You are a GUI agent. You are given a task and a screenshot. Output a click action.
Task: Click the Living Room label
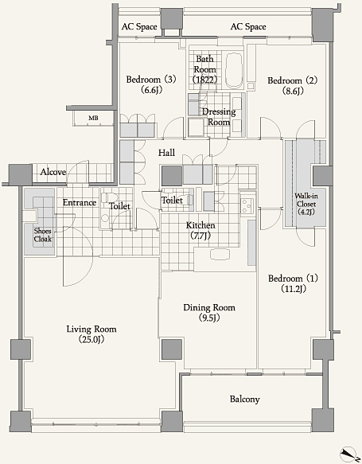(91, 329)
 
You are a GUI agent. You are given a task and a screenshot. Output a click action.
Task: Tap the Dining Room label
(209, 307)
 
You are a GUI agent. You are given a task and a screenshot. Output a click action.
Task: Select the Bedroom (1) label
(293, 279)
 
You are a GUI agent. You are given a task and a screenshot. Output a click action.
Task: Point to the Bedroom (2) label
(292, 80)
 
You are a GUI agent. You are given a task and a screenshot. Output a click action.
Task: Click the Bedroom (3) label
(151, 80)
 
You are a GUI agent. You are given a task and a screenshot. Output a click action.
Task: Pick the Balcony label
(244, 400)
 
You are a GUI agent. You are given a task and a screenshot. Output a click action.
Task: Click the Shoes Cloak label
(43, 235)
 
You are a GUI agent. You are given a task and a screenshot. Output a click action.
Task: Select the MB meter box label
(93, 118)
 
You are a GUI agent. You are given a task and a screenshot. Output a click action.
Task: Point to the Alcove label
(53, 172)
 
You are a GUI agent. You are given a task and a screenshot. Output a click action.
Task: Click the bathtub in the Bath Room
(234, 70)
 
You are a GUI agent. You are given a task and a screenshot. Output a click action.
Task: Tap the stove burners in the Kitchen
(247, 206)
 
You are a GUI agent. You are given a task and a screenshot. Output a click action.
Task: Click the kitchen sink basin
(220, 254)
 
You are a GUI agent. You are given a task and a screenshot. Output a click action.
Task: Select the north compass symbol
(348, 454)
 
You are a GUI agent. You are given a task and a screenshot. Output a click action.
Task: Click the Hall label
(166, 153)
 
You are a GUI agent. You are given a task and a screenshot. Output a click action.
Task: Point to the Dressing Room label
(219, 117)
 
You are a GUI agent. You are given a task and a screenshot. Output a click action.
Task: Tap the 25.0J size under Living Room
(91, 339)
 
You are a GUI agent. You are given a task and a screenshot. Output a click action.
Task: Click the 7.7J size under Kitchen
(200, 236)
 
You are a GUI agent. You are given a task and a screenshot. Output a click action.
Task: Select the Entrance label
(80, 203)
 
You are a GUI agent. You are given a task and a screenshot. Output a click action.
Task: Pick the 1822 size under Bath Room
(204, 80)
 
